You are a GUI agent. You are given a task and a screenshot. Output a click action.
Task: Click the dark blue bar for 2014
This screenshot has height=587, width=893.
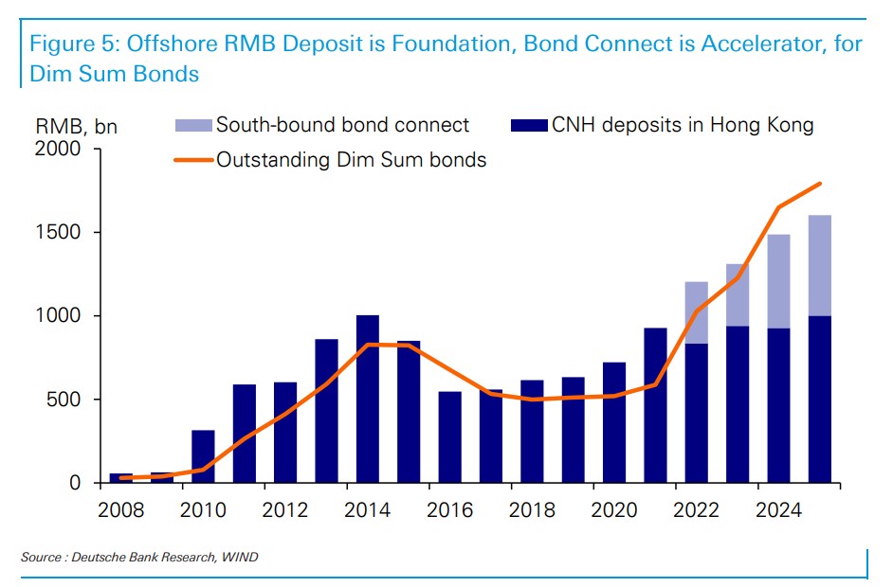tap(367, 399)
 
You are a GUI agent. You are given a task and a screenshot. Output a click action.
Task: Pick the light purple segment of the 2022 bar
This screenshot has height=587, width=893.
tap(697, 312)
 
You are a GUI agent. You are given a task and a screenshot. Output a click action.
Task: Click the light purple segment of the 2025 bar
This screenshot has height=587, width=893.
tap(819, 265)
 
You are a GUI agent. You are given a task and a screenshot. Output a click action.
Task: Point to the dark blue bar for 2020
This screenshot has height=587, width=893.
tap(613, 422)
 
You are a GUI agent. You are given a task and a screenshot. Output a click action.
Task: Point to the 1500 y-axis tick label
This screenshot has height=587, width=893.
tap(59, 232)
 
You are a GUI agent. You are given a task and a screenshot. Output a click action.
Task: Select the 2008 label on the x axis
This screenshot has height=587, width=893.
tap(120, 510)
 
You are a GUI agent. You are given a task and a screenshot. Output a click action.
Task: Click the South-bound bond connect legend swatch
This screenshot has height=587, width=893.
tap(193, 125)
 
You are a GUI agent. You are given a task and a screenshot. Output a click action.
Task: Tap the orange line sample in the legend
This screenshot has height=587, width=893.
tap(193, 160)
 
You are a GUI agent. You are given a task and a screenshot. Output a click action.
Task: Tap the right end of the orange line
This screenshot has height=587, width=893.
tap(820, 184)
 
